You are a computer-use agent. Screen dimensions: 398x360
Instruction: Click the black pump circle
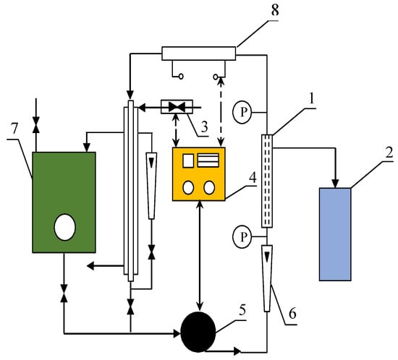tap(198, 332)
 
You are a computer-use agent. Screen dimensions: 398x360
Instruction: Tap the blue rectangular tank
tap(335, 234)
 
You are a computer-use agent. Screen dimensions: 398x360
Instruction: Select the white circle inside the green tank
tap(64, 227)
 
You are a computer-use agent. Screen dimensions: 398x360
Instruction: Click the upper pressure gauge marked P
tap(242, 112)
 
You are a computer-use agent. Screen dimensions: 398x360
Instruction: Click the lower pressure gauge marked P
tap(242, 237)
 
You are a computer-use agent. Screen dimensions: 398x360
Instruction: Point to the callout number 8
tap(275, 11)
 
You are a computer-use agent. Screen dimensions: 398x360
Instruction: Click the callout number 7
tap(14, 129)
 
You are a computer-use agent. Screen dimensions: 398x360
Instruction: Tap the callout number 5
tap(242, 312)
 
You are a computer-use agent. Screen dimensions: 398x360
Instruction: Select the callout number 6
tap(292, 314)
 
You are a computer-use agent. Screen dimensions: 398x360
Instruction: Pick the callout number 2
tap(389, 152)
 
